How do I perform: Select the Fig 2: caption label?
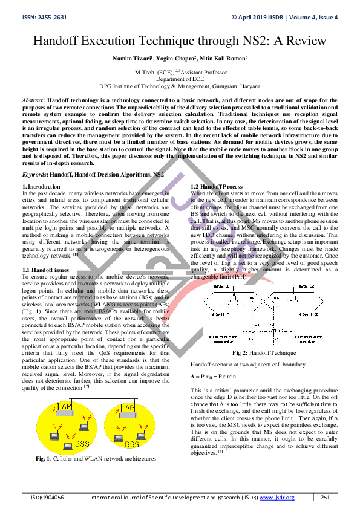pyautogui.click(x=243, y=353)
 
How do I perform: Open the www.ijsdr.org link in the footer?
pyautogui.click(x=277, y=498)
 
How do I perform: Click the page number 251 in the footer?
pyautogui.click(x=325, y=498)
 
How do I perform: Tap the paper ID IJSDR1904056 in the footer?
pyautogui.click(x=48, y=498)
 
